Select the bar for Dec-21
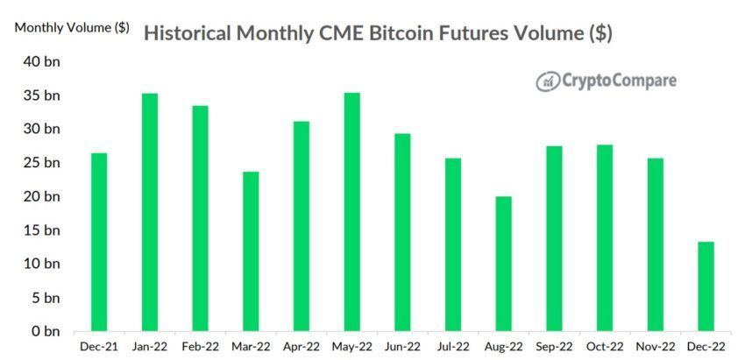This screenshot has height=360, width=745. pyautogui.click(x=99, y=243)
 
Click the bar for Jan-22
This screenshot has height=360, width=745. pyautogui.click(x=150, y=213)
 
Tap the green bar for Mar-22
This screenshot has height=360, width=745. pyautogui.click(x=251, y=251)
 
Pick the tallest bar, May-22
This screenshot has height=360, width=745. pyautogui.click(x=351, y=212)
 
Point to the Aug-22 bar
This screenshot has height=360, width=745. pyautogui.click(x=503, y=264)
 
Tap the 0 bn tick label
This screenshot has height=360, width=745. pyautogui.click(x=46, y=332)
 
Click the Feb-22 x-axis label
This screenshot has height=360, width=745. pyautogui.click(x=200, y=348)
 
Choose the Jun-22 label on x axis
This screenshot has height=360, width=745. pyautogui.click(x=402, y=348)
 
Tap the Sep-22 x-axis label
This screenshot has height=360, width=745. pyautogui.click(x=554, y=348)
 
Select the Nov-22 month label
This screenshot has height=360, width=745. pyautogui.click(x=655, y=348)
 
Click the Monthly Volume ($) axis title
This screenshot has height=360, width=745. pyautogui.click(x=72, y=27)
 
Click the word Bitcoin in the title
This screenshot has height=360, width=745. pyautogui.click(x=418, y=34)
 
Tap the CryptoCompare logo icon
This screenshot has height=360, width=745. pyautogui.click(x=549, y=81)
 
